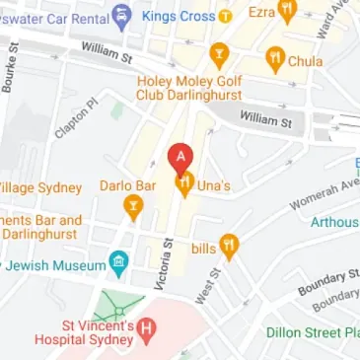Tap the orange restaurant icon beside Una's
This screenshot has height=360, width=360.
pos(182,183)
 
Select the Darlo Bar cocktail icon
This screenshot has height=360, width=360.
pos(131,207)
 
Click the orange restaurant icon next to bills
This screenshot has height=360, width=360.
pos(229,246)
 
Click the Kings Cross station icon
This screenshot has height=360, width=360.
pos(225,15)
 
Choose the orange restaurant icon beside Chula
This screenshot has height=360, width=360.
pos(274,60)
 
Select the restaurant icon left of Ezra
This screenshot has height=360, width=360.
pos(287,13)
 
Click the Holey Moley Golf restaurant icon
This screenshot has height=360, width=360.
pos(219,53)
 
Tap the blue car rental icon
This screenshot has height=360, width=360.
pos(121,15)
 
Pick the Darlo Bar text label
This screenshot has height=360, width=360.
pos(131,184)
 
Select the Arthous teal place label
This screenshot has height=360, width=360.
pos(335,222)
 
